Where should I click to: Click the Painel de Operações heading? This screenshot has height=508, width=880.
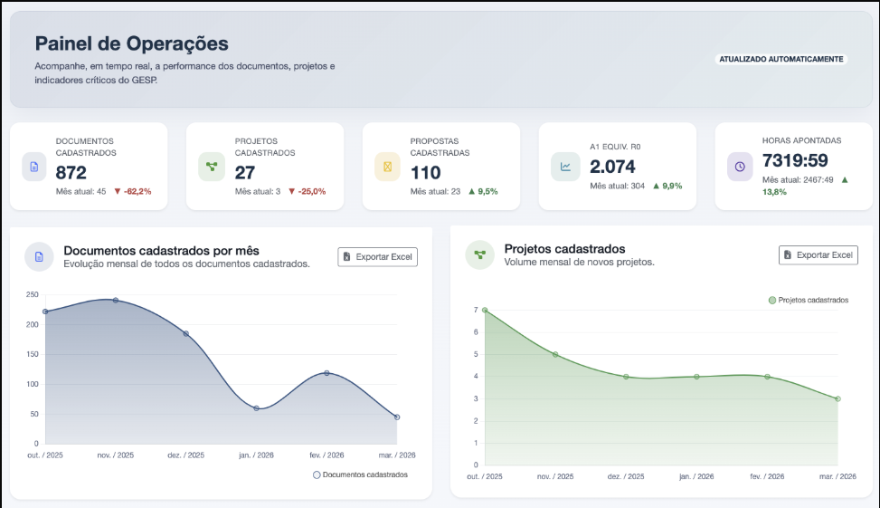click(131, 43)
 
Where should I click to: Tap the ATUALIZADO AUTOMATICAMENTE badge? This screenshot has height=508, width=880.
click(781, 59)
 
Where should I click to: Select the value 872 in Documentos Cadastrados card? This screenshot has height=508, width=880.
click(71, 172)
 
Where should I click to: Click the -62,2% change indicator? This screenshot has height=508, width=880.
click(133, 191)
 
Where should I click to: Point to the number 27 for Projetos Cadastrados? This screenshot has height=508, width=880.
click(245, 172)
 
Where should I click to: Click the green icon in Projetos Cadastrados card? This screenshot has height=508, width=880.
click(212, 167)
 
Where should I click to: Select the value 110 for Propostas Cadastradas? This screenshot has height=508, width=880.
click(425, 172)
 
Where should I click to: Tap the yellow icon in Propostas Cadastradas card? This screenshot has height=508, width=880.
click(388, 167)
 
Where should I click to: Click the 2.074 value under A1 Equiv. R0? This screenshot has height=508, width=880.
click(612, 166)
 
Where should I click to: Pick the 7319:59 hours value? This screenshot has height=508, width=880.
click(797, 160)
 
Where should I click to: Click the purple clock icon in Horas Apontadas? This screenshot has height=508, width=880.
click(740, 167)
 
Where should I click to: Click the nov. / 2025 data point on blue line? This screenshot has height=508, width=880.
click(115, 300)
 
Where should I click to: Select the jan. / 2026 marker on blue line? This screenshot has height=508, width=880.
click(256, 408)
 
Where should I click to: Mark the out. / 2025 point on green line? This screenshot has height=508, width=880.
click(485, 311)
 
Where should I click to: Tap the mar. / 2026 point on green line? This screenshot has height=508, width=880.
click(837, 398)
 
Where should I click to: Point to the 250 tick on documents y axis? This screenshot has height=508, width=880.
click(32, 294)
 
